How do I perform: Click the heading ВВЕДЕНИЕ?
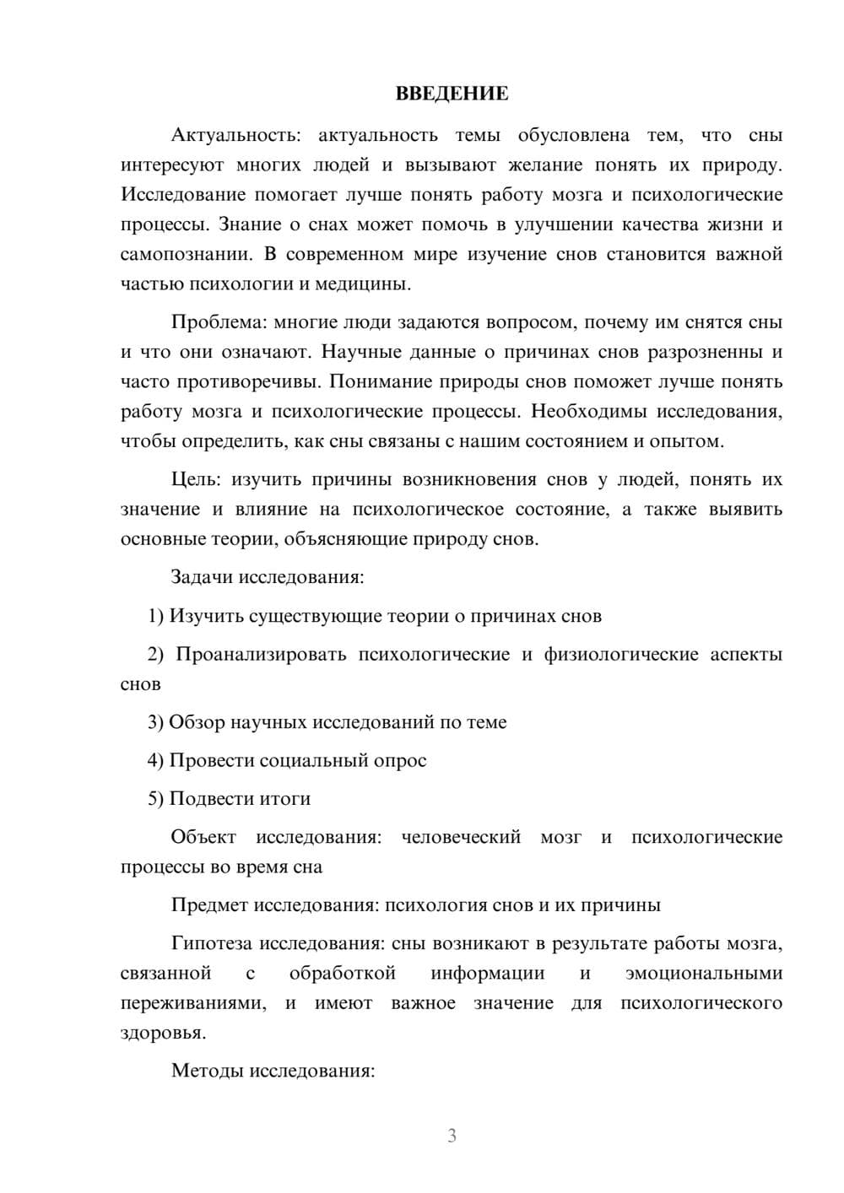pyautogui.click(x=452, y=94)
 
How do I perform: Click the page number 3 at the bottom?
pyautogui.click(x=452, y=1136)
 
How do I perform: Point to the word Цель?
pyautogui.click(x=196, y=479)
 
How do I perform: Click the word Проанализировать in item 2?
pyautogui.click(x=261, y=655)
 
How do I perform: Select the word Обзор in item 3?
pyautogui.click(x=197, y=722)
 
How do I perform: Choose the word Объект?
pyautogui.click(x=203, y=837)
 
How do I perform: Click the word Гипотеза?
pyautogui.click(x=211, y=943)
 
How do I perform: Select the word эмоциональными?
pyautogui.click(x=704, y=974)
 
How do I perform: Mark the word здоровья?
pyautogui.click(x=163, y=1033)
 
